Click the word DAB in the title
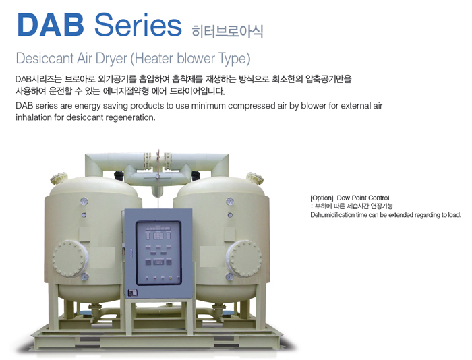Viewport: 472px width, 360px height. (x=51, y=25)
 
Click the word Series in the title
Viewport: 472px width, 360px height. (x=138, y=25)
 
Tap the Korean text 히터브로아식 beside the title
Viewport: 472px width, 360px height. (x=227, y=31)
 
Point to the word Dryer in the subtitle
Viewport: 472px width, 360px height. (x=111, y=59)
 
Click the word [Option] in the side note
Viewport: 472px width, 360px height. (x=322, y=198)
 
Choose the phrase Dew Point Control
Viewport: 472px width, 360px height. (x=363, y=198)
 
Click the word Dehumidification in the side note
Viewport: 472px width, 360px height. (x=328, y=215)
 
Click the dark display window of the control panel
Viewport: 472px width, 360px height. (x=158, y=253)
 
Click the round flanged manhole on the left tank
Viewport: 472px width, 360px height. (x=70, y=259)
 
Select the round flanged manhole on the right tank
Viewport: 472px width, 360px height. (x=244, y=258)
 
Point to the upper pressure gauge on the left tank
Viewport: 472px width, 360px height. (x=84, y=202)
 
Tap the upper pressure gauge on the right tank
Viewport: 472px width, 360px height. (x=230, y=201)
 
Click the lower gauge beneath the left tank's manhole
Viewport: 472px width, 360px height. (x=84, y=276)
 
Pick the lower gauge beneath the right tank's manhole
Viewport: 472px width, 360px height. (x=229, y=276)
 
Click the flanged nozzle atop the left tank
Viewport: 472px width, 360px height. (x=59, y=178)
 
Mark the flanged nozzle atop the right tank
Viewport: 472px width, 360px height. (x=255, y=178)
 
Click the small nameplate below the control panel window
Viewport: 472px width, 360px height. (x=132, y=293)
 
